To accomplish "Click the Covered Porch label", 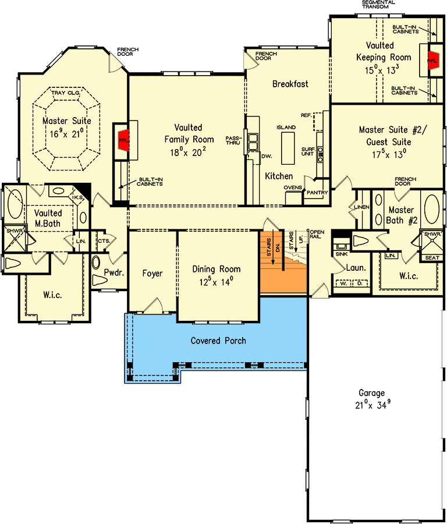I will tap(218, 341).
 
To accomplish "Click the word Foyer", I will tap(152, 273).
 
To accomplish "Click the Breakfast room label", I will tap(290, 84).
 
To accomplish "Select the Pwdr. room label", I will tap(112, 272).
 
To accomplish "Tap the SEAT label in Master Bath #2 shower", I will tap(432, 258).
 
